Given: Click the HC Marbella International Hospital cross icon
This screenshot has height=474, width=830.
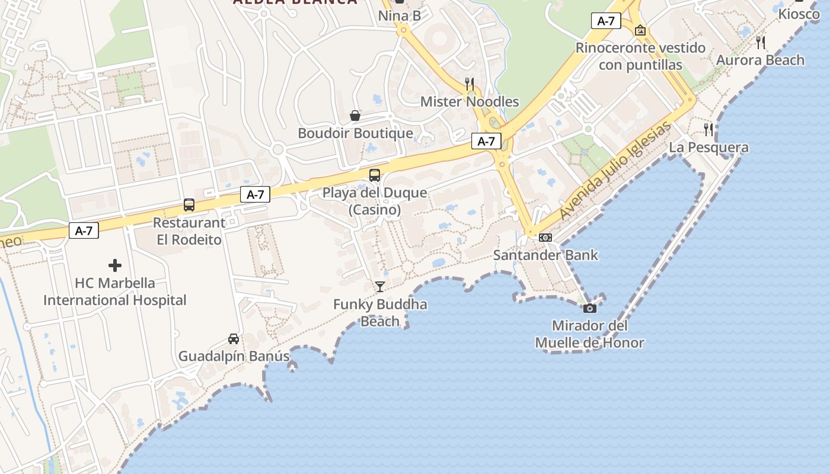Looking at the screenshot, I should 115,265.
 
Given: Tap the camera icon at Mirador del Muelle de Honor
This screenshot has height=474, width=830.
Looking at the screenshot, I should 589,308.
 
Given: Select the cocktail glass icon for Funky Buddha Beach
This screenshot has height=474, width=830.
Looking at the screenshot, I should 380,287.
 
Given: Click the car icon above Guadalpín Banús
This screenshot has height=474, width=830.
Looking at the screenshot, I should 234,339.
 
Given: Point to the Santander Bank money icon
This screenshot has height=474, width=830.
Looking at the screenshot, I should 545,238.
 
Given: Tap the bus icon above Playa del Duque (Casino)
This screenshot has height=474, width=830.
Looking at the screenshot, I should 375,175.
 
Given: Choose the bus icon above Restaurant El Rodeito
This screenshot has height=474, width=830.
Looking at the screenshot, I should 189,205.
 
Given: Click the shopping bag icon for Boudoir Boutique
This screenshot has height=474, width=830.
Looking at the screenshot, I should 355,116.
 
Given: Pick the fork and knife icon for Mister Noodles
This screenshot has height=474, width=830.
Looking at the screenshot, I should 470,84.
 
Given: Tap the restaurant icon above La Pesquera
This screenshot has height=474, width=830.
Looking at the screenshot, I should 708,129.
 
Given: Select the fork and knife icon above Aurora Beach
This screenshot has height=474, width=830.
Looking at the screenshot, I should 761,42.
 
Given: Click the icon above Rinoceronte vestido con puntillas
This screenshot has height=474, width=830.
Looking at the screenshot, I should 640,30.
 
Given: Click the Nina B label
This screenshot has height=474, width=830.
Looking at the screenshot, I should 400,15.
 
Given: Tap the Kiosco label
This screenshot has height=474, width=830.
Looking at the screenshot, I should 799,14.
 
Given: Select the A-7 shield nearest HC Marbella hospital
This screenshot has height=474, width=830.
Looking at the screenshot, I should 84,231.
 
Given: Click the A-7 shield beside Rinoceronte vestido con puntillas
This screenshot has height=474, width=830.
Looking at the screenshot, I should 606,21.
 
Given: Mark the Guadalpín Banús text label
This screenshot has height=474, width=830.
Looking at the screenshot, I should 234,357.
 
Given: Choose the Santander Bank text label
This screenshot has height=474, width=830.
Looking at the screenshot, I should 545,255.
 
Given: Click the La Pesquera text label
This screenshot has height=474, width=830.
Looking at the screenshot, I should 708,148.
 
